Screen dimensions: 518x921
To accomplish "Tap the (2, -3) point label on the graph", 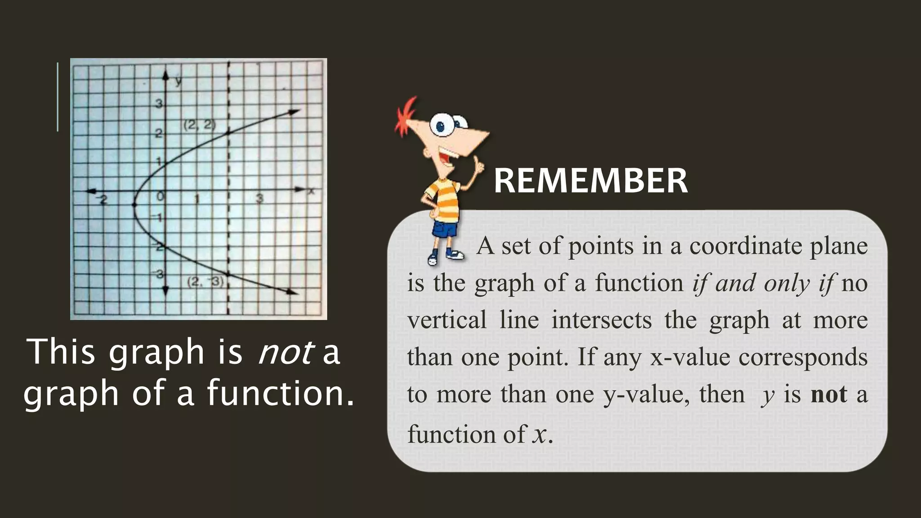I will tap(205, 282).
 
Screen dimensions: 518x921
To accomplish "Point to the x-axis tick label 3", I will tap(259, 198).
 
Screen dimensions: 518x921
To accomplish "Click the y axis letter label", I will tap(179, 81).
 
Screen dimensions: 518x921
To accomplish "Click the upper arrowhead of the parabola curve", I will tap(295, 112).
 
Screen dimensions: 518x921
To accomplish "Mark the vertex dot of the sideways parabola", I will tap(134, 205).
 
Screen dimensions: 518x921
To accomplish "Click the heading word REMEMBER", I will tap(590, 181).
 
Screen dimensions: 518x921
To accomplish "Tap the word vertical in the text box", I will tap(447, 320).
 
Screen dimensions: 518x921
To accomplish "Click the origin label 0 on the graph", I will tap(160, 197).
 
